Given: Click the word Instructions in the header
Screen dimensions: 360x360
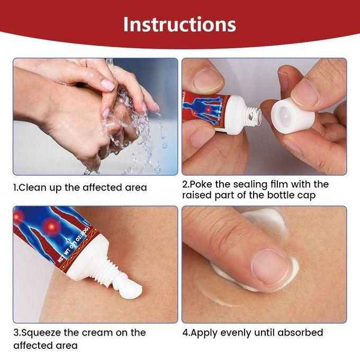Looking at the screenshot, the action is (179, 24).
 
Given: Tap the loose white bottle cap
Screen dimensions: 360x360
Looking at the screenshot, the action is (293, 116).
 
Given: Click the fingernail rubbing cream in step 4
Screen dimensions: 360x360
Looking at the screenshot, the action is (271, 267).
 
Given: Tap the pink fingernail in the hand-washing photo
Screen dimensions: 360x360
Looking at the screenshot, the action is (107, 85).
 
